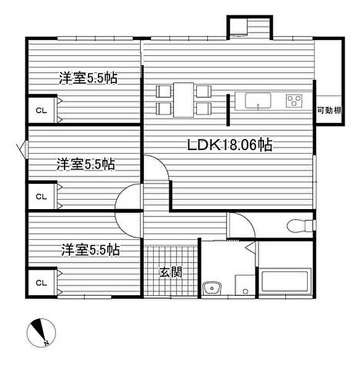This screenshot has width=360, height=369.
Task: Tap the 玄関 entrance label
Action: [x=170, y=271]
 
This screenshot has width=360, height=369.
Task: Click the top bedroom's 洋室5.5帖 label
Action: [x=89, y=79]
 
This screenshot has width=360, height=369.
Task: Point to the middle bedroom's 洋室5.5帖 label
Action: [x=86, y=164]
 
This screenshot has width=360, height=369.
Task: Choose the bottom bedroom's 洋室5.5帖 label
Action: [x=90, y=250]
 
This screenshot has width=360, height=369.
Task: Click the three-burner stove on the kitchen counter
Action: [x=294, y=100]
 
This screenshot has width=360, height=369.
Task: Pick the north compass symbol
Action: [x=40, y=332]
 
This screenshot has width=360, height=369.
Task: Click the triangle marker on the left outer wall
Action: [x=23, y=149]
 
